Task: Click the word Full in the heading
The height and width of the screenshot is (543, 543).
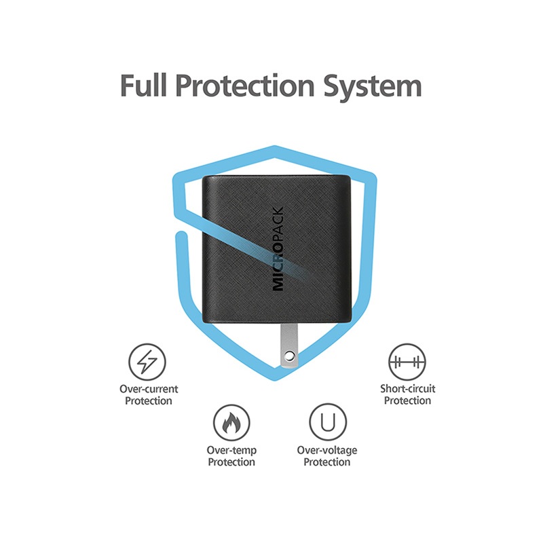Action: (x=144, y=86)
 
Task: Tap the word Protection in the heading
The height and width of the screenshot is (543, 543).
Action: (x=245, y=86)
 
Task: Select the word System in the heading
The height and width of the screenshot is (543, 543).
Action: (x=373, y=87)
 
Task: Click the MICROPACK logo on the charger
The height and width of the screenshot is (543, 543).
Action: (x=278, y=248)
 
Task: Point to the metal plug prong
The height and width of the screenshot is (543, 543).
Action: (x=289, y=345)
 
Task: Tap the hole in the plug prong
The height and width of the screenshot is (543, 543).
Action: (x=290, y=356)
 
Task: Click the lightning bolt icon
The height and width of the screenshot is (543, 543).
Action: (x=147, y=362)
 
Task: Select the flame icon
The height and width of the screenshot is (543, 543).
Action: (x=231, y=423)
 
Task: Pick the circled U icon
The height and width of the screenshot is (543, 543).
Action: (x=328, y=422)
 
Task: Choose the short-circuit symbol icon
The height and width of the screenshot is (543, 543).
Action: (x=407, y=362)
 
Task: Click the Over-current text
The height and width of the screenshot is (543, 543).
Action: (x=149, y=389)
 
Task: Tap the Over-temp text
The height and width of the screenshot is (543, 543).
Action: (x=231, y=450)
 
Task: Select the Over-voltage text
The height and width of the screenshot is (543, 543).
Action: (x=327, y=450)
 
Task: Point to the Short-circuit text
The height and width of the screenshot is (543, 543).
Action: (x=408, y=388)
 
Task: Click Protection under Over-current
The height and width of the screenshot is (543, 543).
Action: (x=149, y=401)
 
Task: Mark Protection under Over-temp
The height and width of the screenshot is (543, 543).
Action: (x=231, y=462)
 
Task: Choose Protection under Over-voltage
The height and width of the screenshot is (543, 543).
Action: (x=327, y=462)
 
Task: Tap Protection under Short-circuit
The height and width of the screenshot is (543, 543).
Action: (x=408, y=400)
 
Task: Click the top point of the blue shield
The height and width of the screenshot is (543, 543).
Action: (x=275, y=146)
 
